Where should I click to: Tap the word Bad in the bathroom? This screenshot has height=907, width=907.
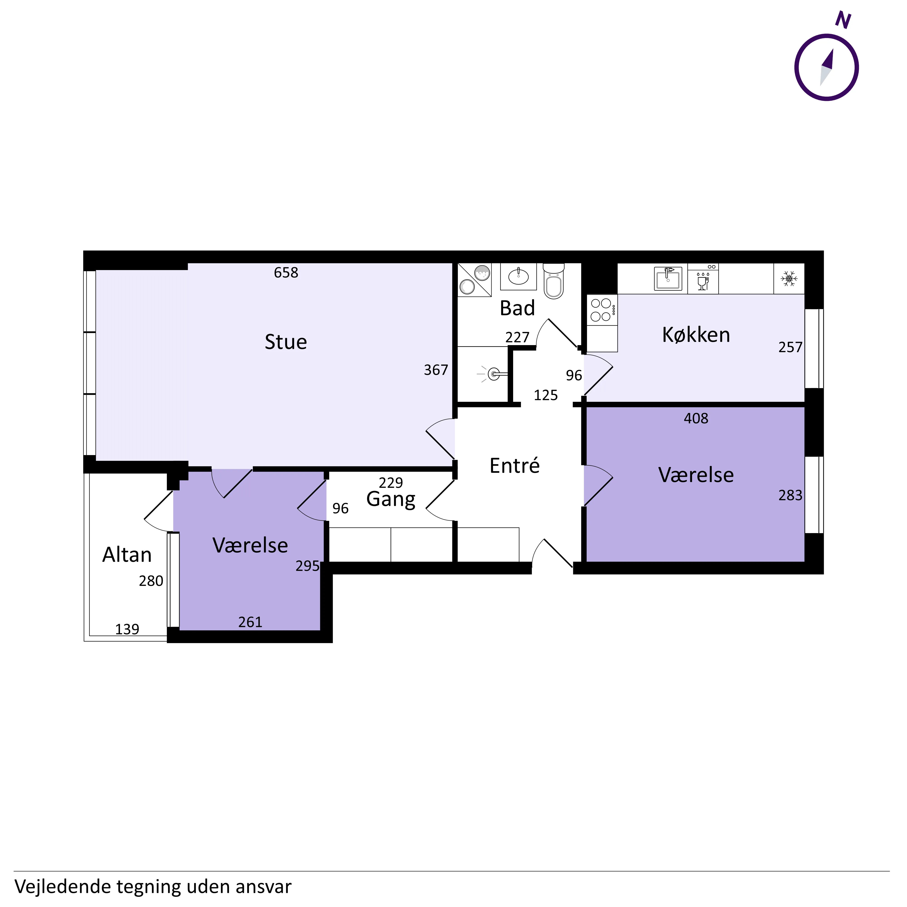517,308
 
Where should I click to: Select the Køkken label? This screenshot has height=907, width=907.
696,335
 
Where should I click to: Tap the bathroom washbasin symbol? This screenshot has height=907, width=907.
518,277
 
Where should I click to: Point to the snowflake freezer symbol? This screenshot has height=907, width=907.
789,279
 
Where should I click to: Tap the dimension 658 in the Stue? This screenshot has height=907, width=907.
286,273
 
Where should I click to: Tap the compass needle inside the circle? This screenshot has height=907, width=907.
826,67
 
